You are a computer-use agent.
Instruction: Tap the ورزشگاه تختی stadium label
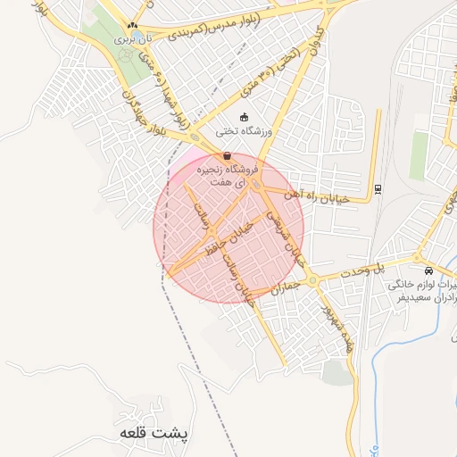point(253,130)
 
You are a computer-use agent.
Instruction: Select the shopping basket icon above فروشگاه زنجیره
point(227,156)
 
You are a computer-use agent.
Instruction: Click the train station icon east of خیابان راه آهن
point(378,187)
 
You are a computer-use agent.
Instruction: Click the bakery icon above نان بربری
point(133,26)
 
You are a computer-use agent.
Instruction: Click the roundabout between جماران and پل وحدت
point(313,281)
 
